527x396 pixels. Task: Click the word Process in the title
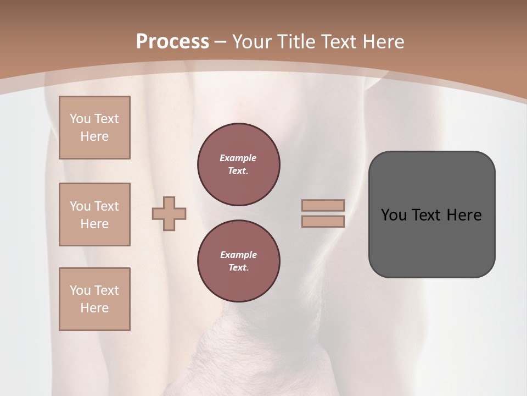172,42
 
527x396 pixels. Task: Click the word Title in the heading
296,42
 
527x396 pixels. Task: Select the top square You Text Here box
94,128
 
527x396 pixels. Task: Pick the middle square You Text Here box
94,215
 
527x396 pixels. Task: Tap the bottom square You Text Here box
94,299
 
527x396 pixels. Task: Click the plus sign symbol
169,213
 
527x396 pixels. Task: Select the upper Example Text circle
238,164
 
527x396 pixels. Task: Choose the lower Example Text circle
238,261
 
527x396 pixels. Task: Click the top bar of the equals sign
323,206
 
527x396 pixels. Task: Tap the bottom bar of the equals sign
323,222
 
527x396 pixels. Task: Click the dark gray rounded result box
431,242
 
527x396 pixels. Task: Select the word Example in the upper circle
238,158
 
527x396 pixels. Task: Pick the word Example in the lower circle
238,255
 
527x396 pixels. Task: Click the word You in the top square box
80,119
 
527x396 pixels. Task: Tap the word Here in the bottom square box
94,308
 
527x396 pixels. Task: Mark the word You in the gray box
394,215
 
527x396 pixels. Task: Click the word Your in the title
251,42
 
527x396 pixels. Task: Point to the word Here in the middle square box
94,224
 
